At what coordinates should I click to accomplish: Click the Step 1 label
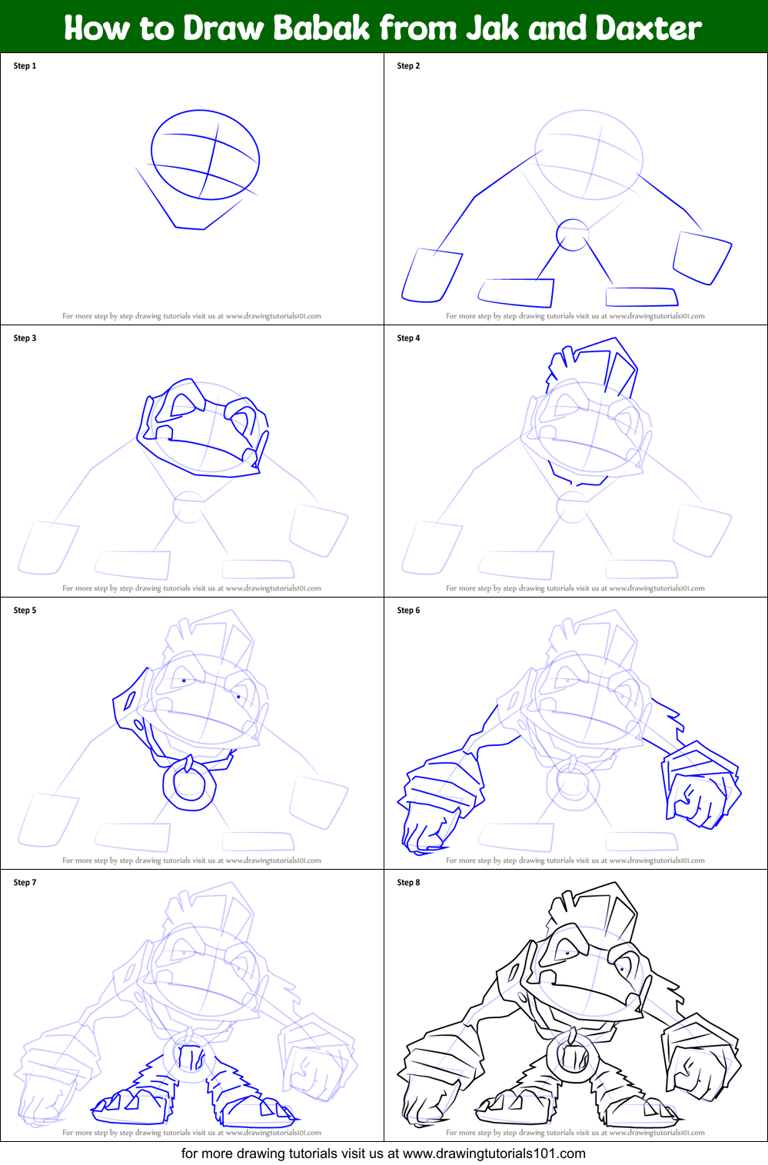(25, 66)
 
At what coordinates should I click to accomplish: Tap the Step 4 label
(408, 338)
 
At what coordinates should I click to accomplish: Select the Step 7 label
(25, 883)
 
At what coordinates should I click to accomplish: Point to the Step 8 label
(408, 883)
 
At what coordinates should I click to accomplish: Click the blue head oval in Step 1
(204, 155)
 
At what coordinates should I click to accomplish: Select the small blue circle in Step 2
(572, 235)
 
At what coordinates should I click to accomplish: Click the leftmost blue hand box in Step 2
(431, 275)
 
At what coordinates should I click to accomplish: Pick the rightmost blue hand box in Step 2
(702, 257)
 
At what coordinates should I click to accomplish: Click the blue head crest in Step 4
(592, 369)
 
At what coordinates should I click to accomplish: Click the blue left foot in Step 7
(131, 1101)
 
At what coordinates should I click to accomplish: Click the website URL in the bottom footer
(494, 1153)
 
